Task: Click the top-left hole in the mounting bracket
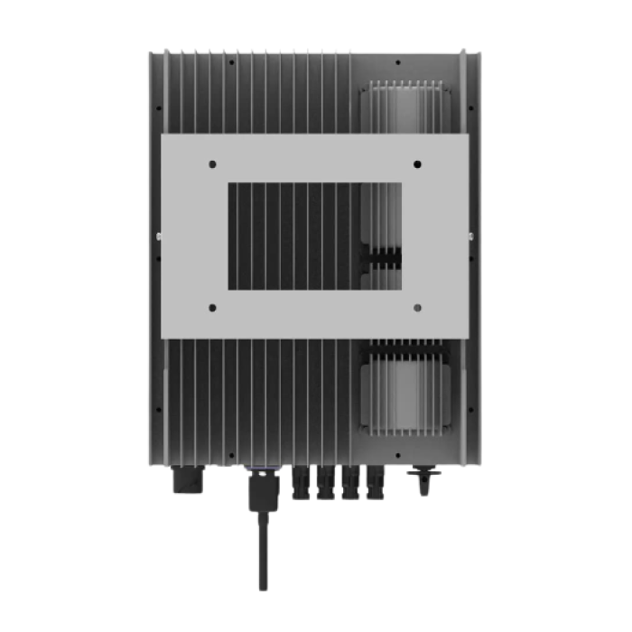(212, 164)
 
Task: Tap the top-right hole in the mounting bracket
(417, 163)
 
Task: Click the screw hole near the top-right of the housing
(398, 63)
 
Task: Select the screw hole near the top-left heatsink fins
(232, 63)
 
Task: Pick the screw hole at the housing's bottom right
(398, 446)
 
